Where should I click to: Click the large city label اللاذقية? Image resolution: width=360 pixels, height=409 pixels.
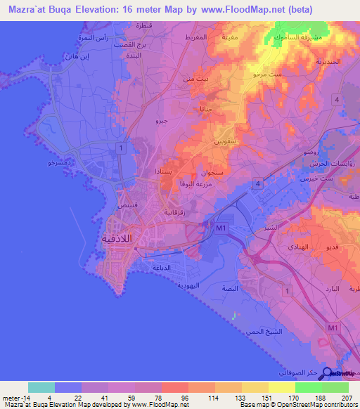coord(117,238)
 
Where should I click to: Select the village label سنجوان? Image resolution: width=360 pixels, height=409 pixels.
coord(214,172)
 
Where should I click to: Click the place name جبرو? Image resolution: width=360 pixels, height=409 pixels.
coord(161,121)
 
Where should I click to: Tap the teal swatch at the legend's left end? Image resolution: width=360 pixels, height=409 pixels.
coord(41,387)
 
